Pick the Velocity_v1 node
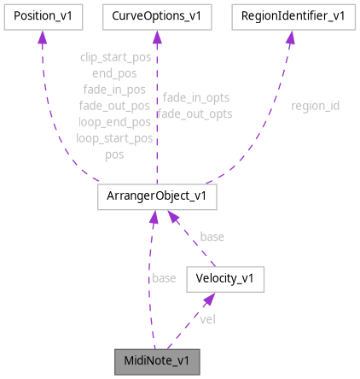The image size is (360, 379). coord(226,278)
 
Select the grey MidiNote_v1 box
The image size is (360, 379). coord(158,360)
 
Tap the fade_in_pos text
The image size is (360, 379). coord(113,90)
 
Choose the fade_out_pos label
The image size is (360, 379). coord(113,106)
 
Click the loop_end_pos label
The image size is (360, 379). coord(113,122)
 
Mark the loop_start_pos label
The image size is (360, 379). coord(113,138)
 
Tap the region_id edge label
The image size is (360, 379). coord(315,106)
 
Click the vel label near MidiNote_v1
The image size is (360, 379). coord(207,318)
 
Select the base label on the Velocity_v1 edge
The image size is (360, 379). coord(212,236)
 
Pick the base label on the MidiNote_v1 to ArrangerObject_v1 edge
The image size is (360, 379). coord(164,278)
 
